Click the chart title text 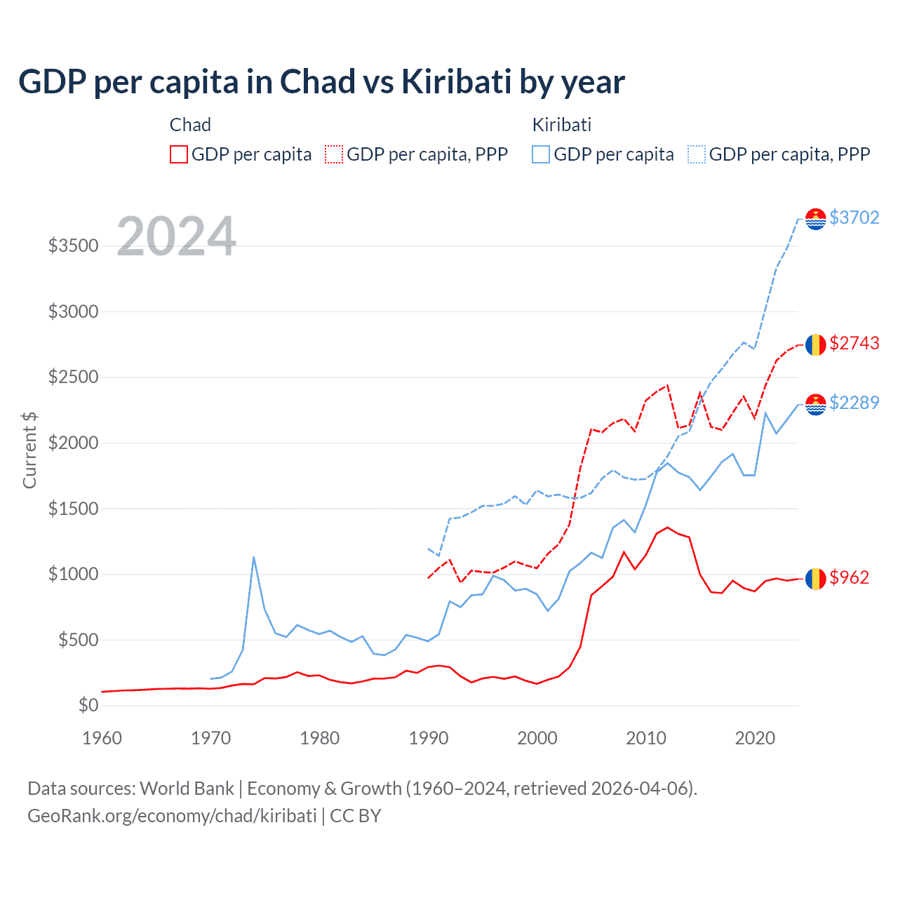tap(321, 82)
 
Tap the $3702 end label tap(854, 217)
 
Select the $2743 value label tap(854, 343)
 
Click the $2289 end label tap(854, 403)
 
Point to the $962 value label tap(849, 577)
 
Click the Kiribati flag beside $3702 tap(815, 219)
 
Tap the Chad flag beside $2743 tap(815, 344)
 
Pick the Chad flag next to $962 tap(815, 579)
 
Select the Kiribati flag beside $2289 tap(815, 404)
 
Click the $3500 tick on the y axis tap(73, 246)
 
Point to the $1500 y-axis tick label tap(73, 509)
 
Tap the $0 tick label tap(88, 705)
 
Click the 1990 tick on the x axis tap(429, 738)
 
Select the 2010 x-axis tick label tap(646, 738)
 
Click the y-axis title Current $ tap(29, 450)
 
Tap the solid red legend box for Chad tap(179, 154)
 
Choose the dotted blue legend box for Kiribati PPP tap(697, 154)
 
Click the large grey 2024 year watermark tap(177, 236)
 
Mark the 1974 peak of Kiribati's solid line tap(254, 557)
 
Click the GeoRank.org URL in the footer tap(172, 816)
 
